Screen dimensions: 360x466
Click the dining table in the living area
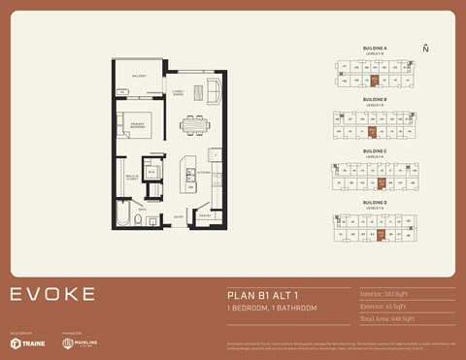click(x=194, y=124)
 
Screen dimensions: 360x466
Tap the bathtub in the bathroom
click(x=125, y=213)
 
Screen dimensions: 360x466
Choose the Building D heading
click(x=375, y=203)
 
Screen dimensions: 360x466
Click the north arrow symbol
click(x=425, y=48)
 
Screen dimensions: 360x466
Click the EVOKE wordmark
click(x=52, y=294)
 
